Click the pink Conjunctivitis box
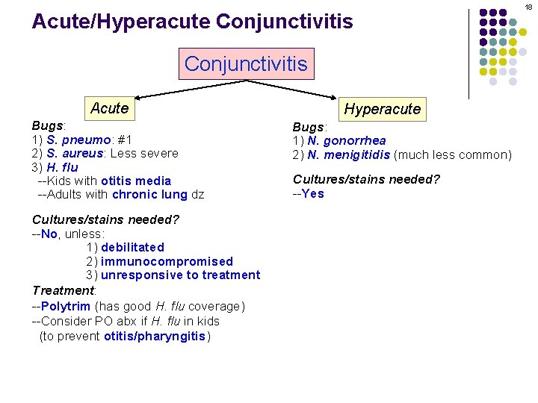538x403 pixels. (x=246, y=63)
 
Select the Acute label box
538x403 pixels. (x=109, y=108)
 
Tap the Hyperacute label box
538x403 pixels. (x=382, y=109)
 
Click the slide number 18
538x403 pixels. (x=528, y=7)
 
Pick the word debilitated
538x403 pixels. (x=132, y=247)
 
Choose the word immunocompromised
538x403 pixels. (x=167, y=261)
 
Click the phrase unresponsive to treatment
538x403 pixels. (x=180, y=275)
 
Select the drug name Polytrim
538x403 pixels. (x=66, y=306)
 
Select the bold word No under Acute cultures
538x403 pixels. (x=49, y=234)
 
